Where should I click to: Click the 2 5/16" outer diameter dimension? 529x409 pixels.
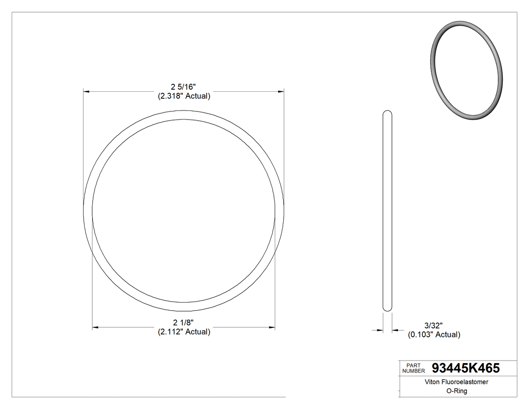coord(183,87)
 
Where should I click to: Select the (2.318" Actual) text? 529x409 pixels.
coord(183,96)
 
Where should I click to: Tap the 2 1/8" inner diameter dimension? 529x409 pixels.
coord(183,323)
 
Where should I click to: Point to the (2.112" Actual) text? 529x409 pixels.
coord(183,332)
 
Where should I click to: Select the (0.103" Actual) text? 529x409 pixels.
coord(434,334)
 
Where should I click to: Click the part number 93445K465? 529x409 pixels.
coord(466,368)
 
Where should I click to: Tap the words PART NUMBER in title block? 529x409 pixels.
coord(414,368)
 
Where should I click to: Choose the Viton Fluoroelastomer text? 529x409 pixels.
coord(450,383)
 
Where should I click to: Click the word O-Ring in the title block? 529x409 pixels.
coord(450,391)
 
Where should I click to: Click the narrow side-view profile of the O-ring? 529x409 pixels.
coord(387,211)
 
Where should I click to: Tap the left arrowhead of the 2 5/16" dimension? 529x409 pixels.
coord(86,92)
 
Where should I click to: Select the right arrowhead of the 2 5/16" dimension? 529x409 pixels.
coord(281,92)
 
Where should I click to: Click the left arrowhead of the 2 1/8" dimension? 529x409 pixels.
coord(95,328)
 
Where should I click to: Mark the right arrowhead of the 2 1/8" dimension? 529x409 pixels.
coord(272,328)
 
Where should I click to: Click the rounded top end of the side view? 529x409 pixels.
coord(387,112)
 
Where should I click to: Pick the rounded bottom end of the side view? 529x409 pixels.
coord(387,309)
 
